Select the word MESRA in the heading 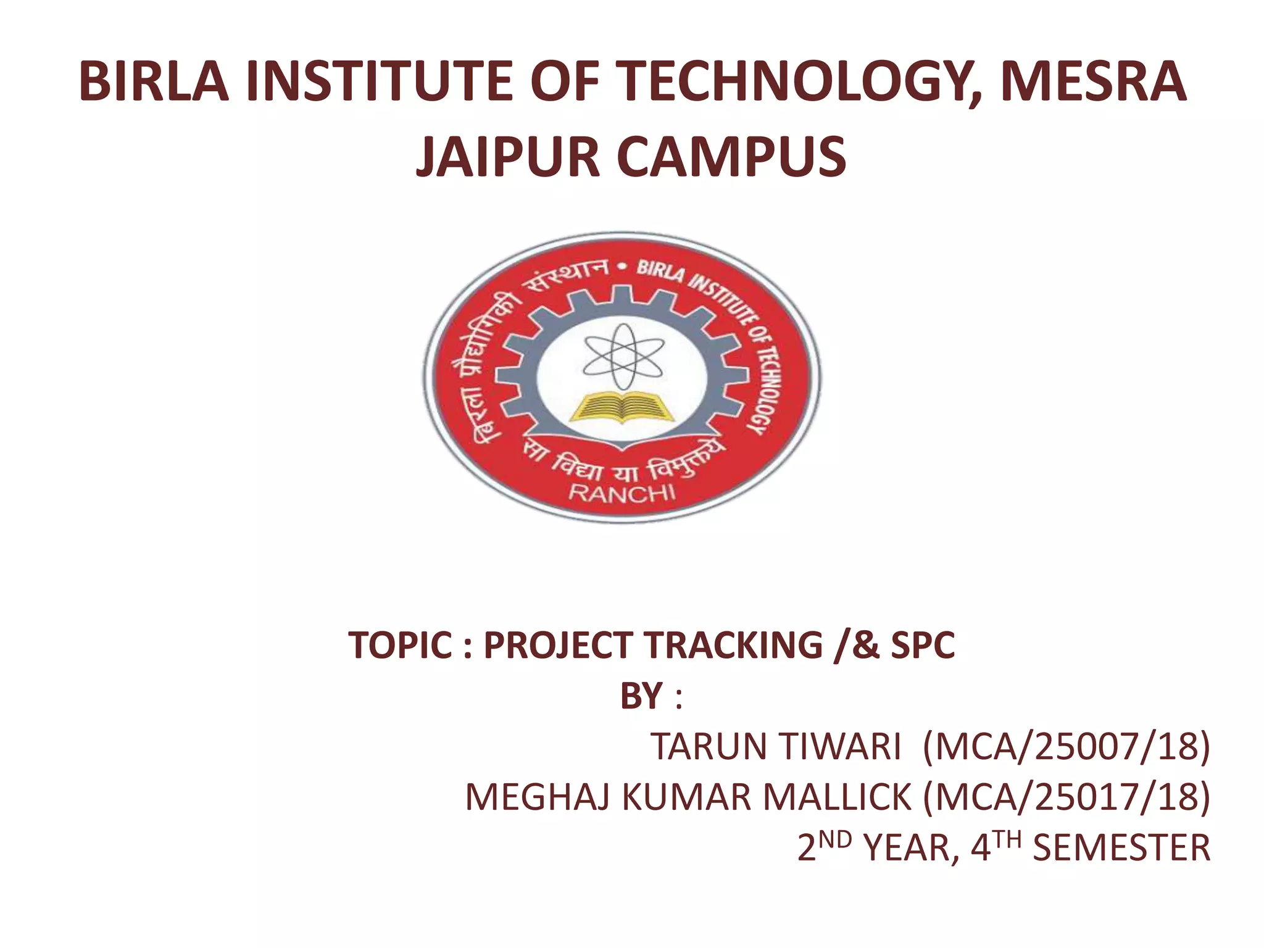[1092, 82]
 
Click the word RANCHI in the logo [622, 493]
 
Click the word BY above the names [641, 696]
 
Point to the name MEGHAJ [538, 797]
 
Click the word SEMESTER [1121, 848]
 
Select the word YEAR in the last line [910, 848]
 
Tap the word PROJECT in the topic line [559, 646]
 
